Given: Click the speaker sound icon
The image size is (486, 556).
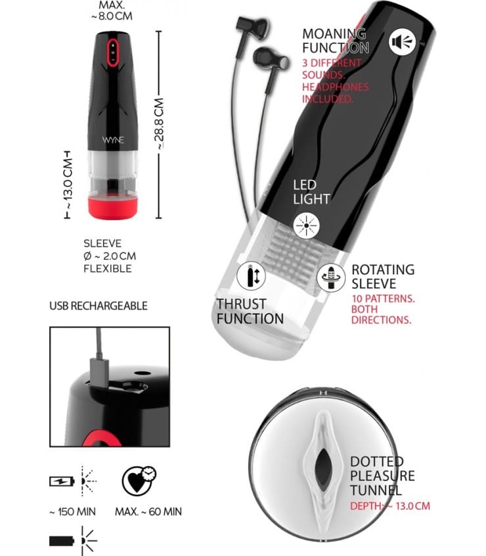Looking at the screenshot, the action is [x=402, y=42].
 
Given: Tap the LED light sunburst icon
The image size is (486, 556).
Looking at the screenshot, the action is [x=307, y=225].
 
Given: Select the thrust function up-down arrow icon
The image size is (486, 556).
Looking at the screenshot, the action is [x=251, y=275].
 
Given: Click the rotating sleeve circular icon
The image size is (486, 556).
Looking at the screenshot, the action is [x=330, y=277].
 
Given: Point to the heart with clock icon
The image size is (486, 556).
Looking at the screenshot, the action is [x=139, y=480].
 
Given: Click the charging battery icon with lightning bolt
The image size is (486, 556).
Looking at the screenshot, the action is [x=62, y=481].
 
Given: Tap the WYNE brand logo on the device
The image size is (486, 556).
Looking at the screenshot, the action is [x=113, y=140].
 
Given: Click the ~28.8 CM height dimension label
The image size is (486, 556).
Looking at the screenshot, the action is [x=160, y=124].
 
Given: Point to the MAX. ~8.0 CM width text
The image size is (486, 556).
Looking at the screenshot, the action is [x=112, y=11].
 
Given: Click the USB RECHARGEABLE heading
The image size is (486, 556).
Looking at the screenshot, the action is [x=99, y=306].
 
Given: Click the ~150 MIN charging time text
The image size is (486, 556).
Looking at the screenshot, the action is [x=72, y=511].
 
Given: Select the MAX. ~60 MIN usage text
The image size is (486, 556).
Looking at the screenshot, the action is [x=148, y=511].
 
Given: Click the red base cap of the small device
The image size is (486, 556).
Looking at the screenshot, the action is [x=113, y=208].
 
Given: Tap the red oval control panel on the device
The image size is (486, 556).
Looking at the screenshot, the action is [x=113, y=53].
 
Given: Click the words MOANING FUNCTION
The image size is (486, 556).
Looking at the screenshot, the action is [x=336, y=41].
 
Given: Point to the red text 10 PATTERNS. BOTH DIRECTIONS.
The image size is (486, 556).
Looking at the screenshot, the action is [x=383, y=309].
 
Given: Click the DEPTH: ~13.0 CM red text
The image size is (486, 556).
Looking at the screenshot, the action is [x=390, y=506].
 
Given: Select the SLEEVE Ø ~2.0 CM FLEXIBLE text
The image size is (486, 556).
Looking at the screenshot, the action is [x=110, y=256].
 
